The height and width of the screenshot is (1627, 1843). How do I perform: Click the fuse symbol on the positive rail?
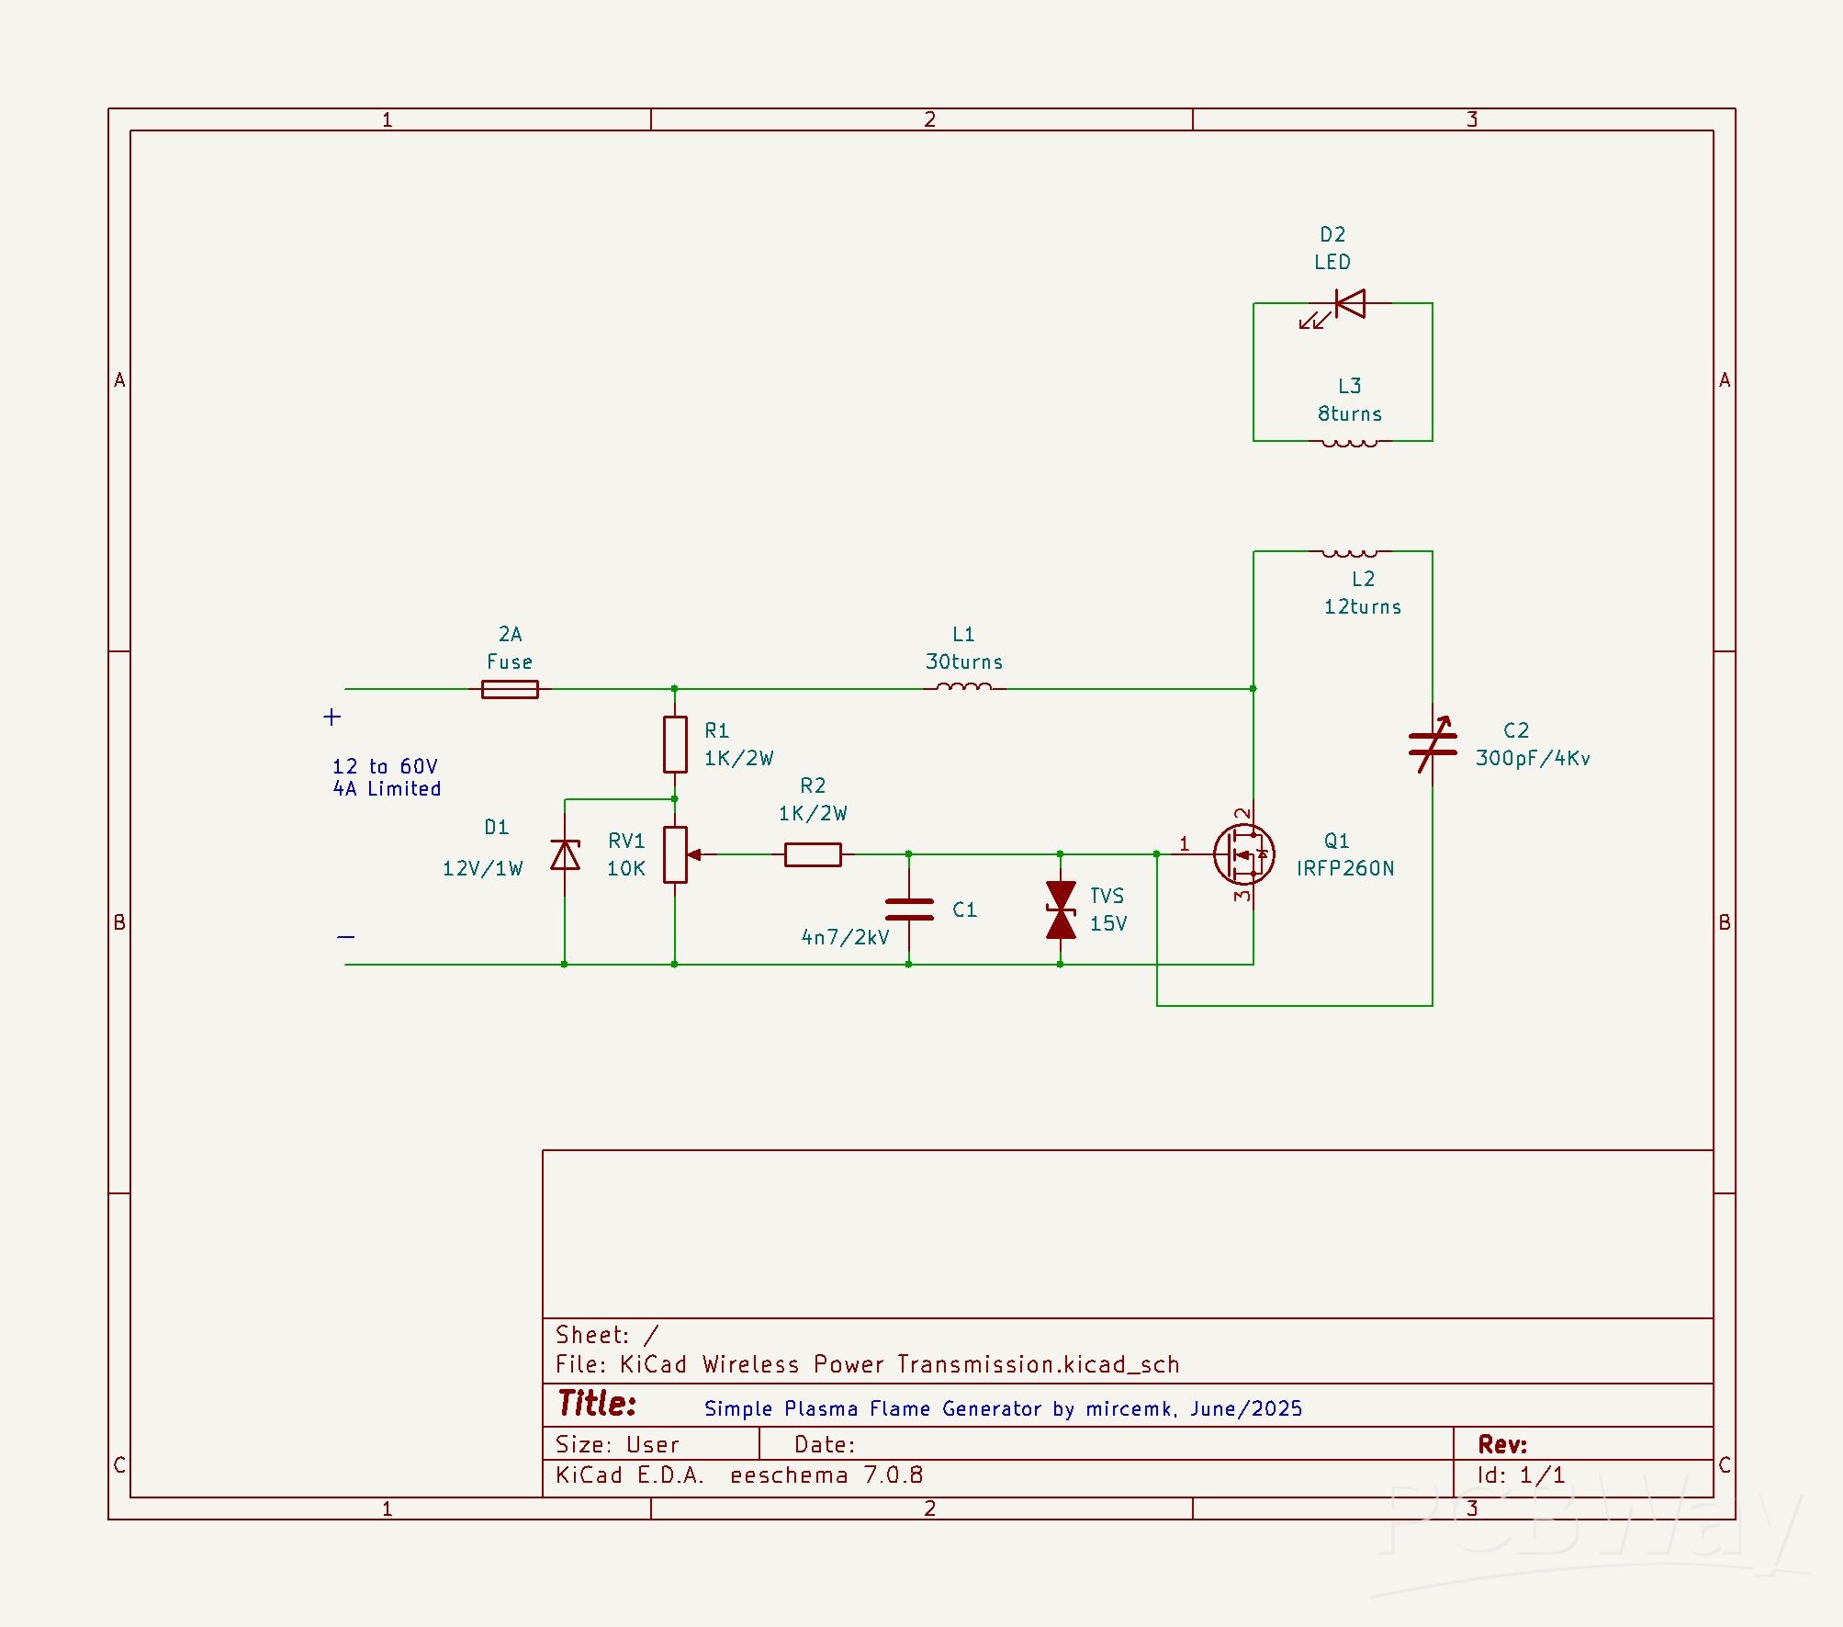510,689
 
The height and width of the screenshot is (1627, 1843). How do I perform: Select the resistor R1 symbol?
675,744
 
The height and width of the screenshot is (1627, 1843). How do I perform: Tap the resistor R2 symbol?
813,854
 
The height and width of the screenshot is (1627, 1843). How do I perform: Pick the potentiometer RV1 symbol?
676,854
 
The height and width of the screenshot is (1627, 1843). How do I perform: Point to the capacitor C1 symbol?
909,910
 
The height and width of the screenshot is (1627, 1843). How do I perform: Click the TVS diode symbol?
1061,910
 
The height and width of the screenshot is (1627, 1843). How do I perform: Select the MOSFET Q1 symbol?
1243,854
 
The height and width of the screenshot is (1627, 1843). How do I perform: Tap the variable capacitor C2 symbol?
1433,745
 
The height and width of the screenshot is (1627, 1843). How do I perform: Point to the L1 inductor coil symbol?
963,686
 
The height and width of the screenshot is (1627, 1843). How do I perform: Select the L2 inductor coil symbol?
1349,553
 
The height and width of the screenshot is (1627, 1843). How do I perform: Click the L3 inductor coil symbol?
1349,443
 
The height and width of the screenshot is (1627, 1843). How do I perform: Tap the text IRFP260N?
1345,868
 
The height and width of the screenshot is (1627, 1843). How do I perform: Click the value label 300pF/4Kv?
1533,758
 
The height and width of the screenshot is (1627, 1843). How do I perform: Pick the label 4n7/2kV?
845,937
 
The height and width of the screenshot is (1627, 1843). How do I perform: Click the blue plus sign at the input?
332,717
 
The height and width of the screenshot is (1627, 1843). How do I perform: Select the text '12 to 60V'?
385,766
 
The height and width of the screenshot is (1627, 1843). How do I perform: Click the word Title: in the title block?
597,1404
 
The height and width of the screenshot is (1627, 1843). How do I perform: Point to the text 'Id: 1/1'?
1521,1475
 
